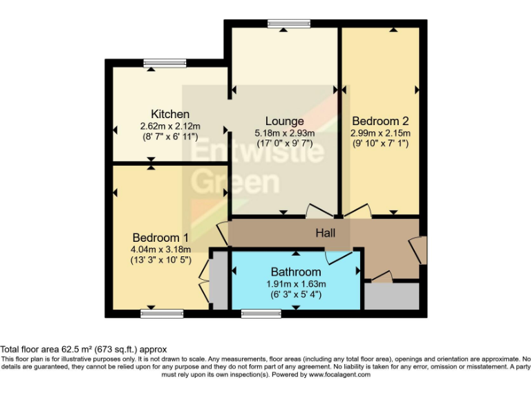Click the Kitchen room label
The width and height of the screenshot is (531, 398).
coord(170,114)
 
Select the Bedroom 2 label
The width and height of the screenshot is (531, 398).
coord(380,121)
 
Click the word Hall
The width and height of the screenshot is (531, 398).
coord(325,234)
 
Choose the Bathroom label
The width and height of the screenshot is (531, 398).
coord(295,272)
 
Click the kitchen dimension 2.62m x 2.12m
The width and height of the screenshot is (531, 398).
coord(170,126)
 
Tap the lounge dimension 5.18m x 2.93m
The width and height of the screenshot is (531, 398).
coord(284,133)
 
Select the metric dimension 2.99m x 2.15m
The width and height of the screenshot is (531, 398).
coord(380,133)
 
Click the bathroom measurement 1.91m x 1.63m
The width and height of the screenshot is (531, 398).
coord(295,284)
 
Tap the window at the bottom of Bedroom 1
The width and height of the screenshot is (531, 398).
coord(162,314)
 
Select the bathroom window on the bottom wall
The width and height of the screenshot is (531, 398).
coord(261,314)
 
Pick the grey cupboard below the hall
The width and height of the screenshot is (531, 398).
coord(391,296)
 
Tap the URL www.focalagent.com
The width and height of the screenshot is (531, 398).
coord(339,375)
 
